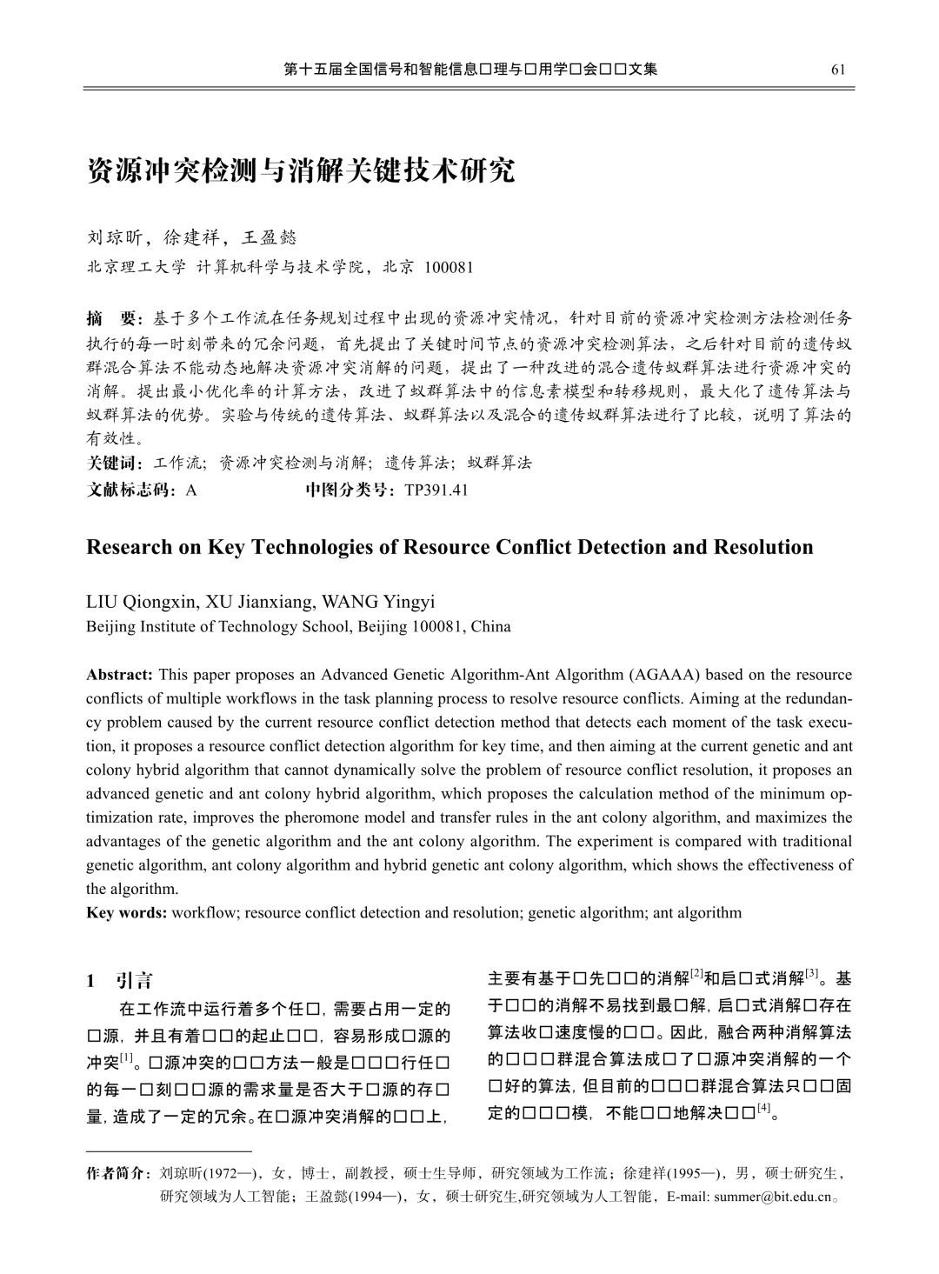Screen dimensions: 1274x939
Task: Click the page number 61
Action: pyautogui.click(x=838, y=70)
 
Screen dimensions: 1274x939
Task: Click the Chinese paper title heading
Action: pyautogui.click(x=301, y=170)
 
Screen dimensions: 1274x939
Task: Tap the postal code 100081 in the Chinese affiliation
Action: pyautogui.click(x=449, y=267)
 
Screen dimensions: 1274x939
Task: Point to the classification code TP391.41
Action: pyautogui.click(x=436, y=490)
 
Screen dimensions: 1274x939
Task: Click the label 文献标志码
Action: pyautogui.click(x=130, y=490)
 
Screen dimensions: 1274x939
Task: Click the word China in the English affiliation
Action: pyautogui.click(x=491, y=626)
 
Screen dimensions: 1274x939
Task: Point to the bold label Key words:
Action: pyautogui.click(x=127, y=913)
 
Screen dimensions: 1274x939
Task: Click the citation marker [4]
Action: pyautogui.click(x=764, y=1107)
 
